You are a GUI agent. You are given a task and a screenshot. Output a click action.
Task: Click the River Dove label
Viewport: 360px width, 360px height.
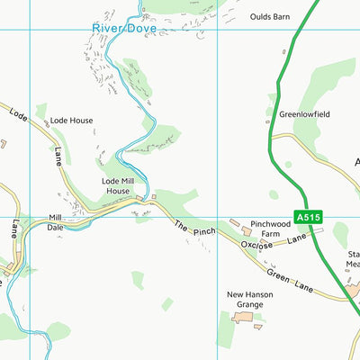point(124,29)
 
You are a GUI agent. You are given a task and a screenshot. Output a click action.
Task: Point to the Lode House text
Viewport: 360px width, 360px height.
point(71,120)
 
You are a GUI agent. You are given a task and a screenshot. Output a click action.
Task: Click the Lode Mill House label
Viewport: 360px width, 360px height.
point(116,185)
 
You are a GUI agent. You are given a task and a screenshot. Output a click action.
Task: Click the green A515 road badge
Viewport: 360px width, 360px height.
point(307,219)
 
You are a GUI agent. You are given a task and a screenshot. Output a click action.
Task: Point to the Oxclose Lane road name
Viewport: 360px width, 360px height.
point(274,243)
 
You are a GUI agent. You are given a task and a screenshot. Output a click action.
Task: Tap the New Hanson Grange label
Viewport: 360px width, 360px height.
point(246,300)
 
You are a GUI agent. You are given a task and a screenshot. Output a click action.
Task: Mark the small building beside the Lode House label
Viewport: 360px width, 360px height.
point(40,119)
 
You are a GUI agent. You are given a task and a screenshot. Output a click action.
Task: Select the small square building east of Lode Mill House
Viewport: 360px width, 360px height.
point(153,195)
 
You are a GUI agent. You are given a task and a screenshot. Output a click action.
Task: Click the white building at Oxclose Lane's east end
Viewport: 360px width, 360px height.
point(317,230)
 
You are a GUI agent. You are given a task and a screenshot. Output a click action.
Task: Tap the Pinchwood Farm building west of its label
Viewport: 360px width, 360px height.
point(236,222)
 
